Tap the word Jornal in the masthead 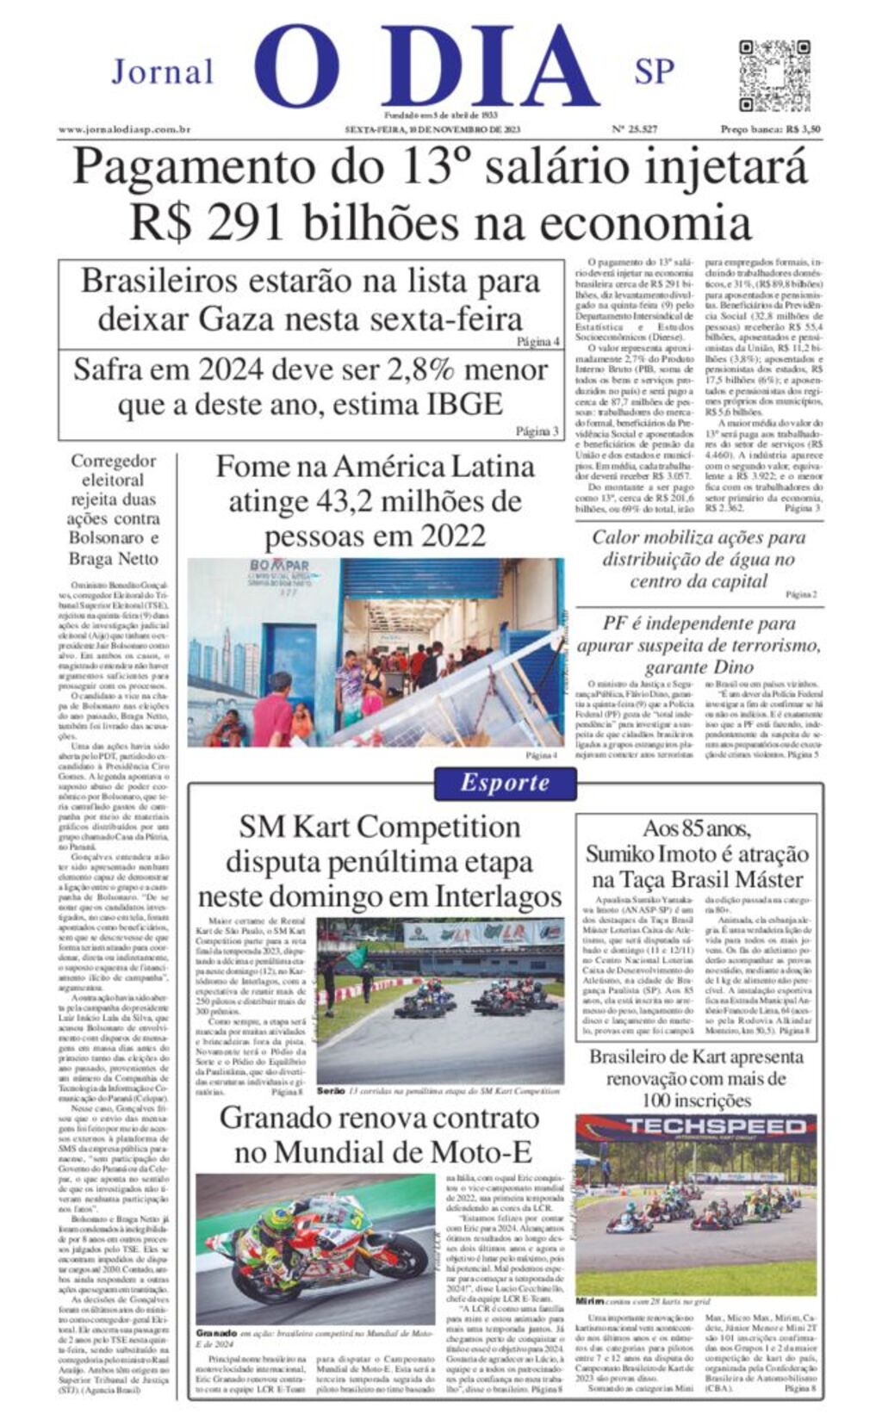click(x=163, y=72)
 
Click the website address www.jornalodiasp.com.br click(x=124, y=130)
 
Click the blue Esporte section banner click(x=505, y=783)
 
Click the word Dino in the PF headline click(x=734, y=667)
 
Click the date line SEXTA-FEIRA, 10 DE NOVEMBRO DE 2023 click(x=433, y=130)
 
